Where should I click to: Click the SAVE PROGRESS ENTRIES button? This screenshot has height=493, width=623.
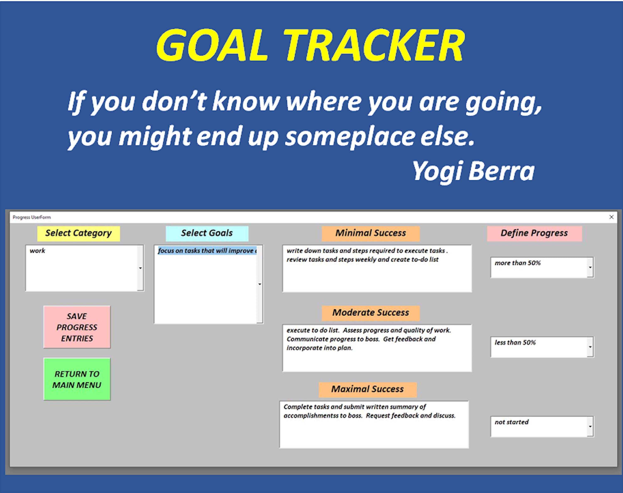point(77,327)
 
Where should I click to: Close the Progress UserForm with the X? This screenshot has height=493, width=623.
point(611,217)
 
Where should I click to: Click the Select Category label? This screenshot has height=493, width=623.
point(78,233)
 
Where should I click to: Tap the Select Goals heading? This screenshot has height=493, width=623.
point(207,233)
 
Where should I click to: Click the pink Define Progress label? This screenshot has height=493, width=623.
point(534,233)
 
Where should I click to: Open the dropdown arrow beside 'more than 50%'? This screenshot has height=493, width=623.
point(590,267)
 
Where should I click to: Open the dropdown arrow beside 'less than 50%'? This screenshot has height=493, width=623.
point(590,347)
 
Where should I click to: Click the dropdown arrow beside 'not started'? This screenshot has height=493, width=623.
point(590,426)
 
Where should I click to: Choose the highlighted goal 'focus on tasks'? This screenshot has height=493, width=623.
point(207,250)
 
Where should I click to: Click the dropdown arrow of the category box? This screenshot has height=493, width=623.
point(140,268)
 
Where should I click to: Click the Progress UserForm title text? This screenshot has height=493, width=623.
point(32,217)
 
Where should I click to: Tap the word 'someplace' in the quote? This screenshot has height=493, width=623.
point(350,137)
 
